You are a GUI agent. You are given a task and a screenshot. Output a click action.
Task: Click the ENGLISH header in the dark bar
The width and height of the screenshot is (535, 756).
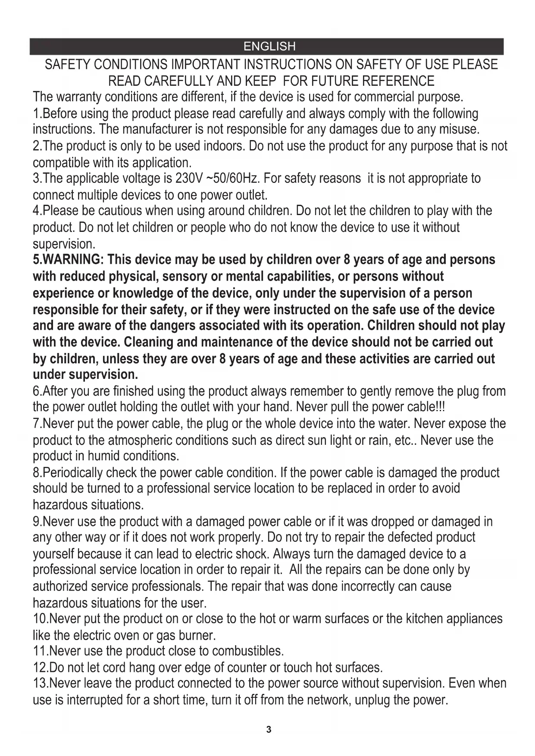(269, 47)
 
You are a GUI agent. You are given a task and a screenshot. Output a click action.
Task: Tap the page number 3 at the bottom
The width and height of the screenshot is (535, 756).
(269, 729)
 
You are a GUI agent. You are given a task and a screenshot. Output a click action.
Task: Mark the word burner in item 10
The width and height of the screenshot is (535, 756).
(196, 636)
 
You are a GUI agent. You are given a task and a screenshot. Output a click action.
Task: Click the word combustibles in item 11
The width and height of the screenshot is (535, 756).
(247, 651)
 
